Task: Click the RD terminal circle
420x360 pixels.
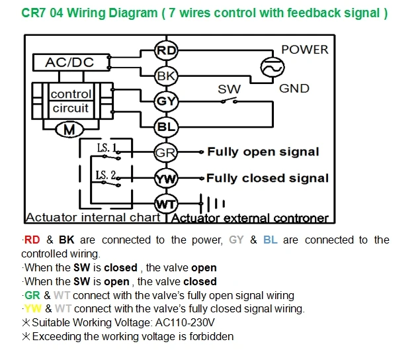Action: point(166,50)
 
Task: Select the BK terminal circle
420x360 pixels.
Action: point(166,76)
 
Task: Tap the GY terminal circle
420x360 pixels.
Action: point(166,101)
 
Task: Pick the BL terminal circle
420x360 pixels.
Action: point(166,126)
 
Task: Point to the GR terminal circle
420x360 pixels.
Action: point(166,152)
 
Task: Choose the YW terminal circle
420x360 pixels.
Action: point(166,178)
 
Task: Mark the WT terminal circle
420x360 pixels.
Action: point(166,204)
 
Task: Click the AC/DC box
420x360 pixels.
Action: point(71,62)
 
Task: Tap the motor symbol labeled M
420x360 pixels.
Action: point(69,130)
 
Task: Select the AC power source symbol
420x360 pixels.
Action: point(273,67)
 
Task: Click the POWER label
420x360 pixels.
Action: point(305,50)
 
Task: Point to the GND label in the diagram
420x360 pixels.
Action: point(294,89)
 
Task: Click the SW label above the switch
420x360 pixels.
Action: point(230,89)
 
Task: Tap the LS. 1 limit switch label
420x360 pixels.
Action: point(107,148)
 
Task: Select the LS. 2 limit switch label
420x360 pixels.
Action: point(106,175)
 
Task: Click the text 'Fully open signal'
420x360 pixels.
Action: point(263,152)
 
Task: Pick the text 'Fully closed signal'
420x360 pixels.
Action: point(268,178)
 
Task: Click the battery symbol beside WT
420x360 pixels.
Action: point(212,204)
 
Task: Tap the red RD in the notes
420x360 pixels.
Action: point(32,240)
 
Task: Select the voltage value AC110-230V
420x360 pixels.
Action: point(185,322)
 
